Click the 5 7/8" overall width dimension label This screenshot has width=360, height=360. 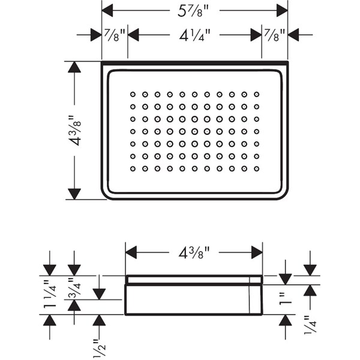194,10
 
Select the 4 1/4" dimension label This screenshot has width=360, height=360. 194,34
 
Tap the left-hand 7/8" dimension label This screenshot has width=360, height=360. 115,34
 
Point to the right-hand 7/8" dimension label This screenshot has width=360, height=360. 275,34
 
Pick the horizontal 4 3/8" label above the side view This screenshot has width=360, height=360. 194,253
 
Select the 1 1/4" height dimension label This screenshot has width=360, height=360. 50,295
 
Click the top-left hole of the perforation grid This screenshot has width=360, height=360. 133,94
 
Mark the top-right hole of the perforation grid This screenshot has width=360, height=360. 256,94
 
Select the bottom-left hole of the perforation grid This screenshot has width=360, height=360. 133,168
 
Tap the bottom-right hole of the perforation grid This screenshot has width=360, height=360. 256,168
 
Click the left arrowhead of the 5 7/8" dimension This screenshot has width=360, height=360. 108,10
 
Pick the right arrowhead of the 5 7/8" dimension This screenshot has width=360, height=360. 281,10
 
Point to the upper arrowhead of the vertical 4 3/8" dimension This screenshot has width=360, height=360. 74,67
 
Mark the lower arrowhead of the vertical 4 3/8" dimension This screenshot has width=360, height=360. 74,193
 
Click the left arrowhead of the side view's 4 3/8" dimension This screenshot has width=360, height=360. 131,253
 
